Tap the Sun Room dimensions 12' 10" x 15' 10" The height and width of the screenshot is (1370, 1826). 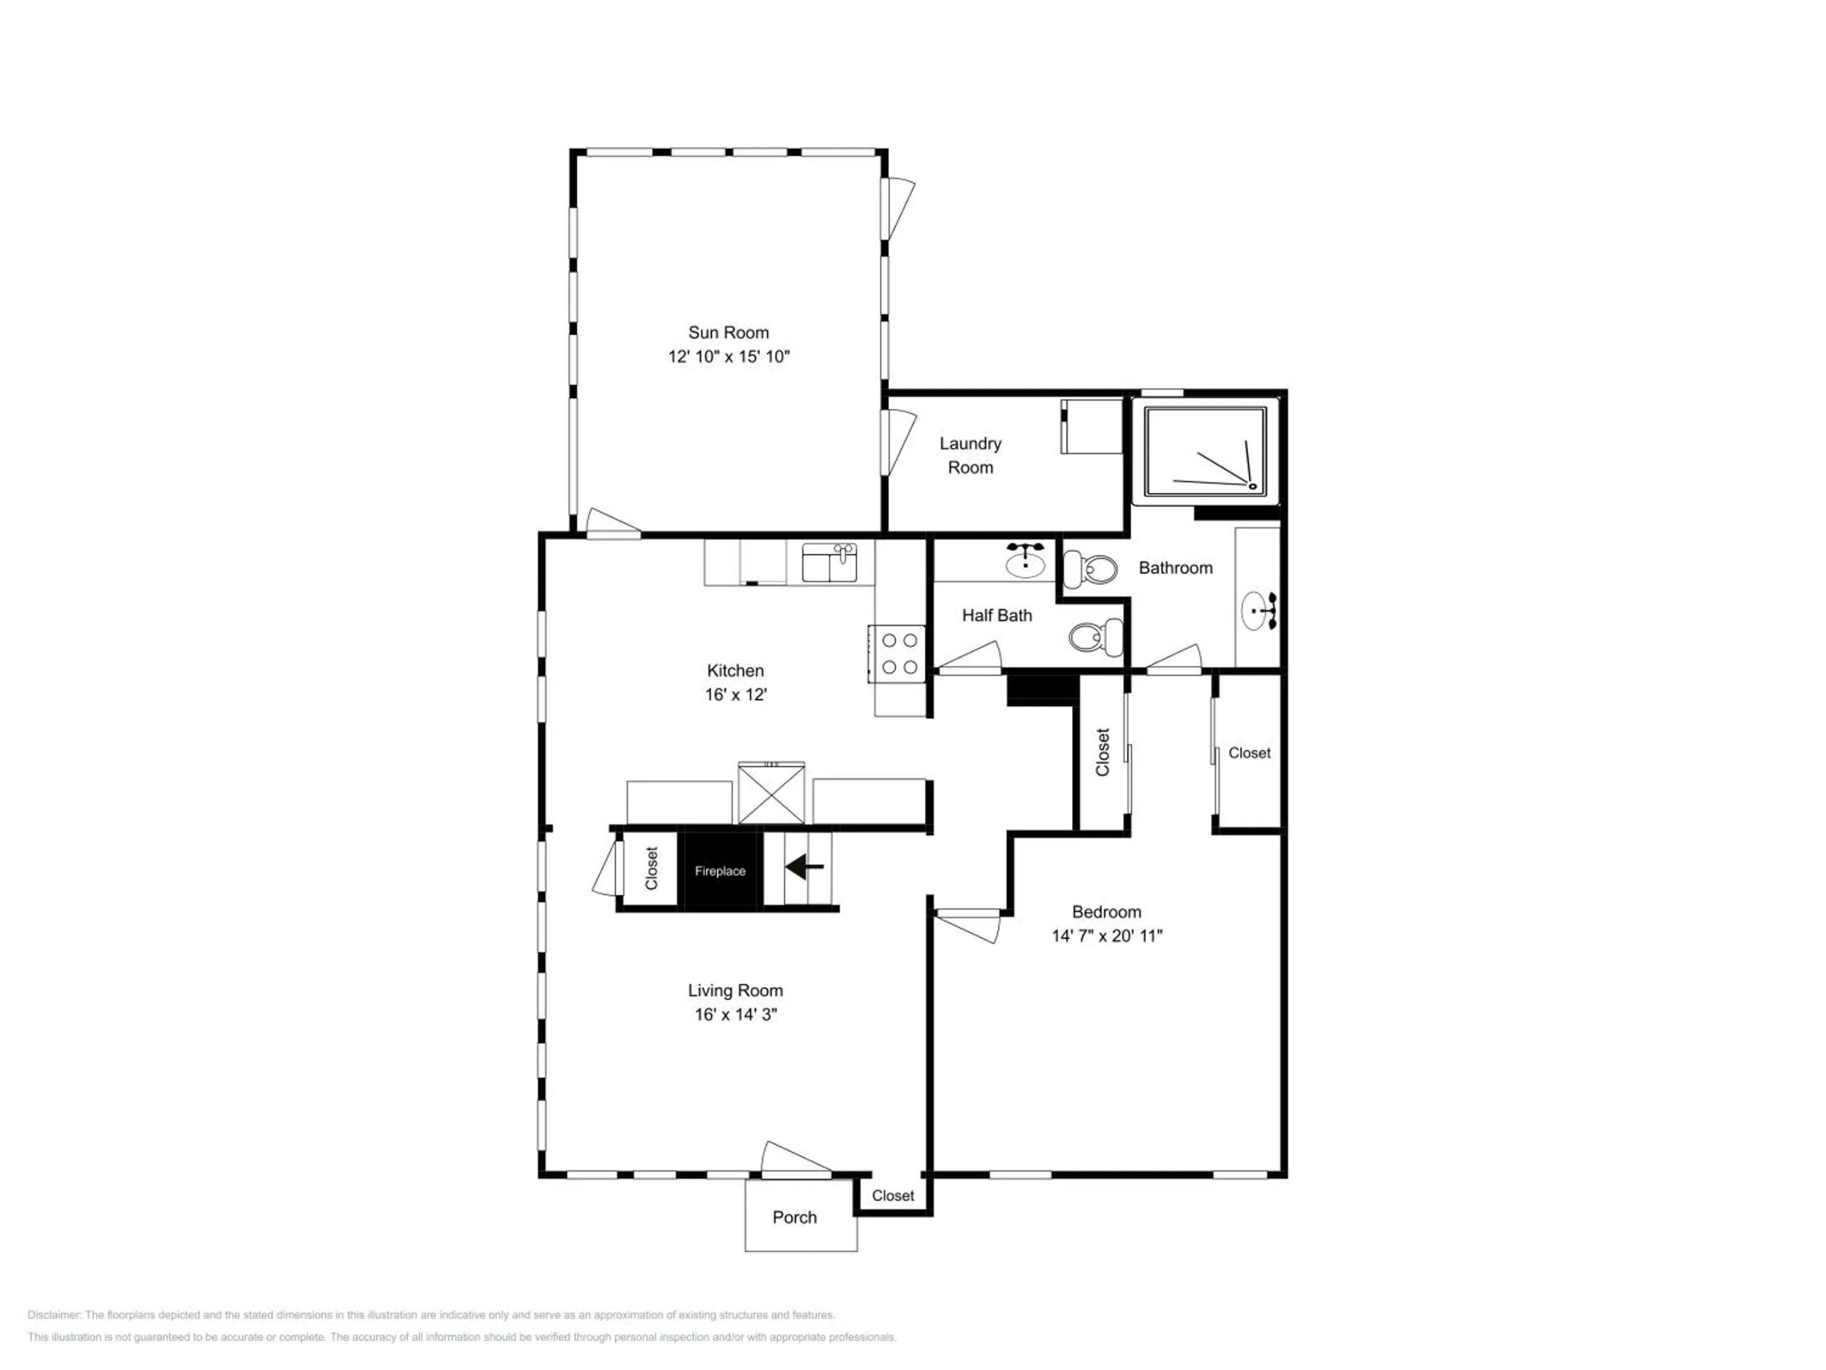(x=729, y=357)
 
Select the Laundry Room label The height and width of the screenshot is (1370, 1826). (x=971, y=455)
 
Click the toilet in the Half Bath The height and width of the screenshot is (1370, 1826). (x=1096, y=637)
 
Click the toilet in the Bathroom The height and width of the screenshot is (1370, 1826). (x=1090, y=568)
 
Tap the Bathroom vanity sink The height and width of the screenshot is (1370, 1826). (x=1259, y=611)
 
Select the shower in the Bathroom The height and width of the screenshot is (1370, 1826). (x=1205, y=452)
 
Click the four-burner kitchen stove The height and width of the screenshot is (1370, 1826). (x=897, y=654)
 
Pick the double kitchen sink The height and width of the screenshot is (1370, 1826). (x=830, y=563)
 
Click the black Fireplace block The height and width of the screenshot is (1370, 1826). (x=720, y=870)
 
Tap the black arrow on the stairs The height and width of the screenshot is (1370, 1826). (x=804, y=867)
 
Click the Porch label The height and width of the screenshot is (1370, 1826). (x=795, y=1217)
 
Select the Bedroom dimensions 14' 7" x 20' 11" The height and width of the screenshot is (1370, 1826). (x=1107, y=936)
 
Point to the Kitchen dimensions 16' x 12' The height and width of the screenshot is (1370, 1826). (x=735, y=695)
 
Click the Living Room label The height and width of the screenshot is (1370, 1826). (x=735, y=990)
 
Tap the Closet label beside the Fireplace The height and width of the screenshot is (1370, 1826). (x=651, y=869)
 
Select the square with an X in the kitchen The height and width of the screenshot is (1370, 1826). (x=771, y=793)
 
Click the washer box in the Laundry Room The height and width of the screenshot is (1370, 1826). (x=1091, y=426)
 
